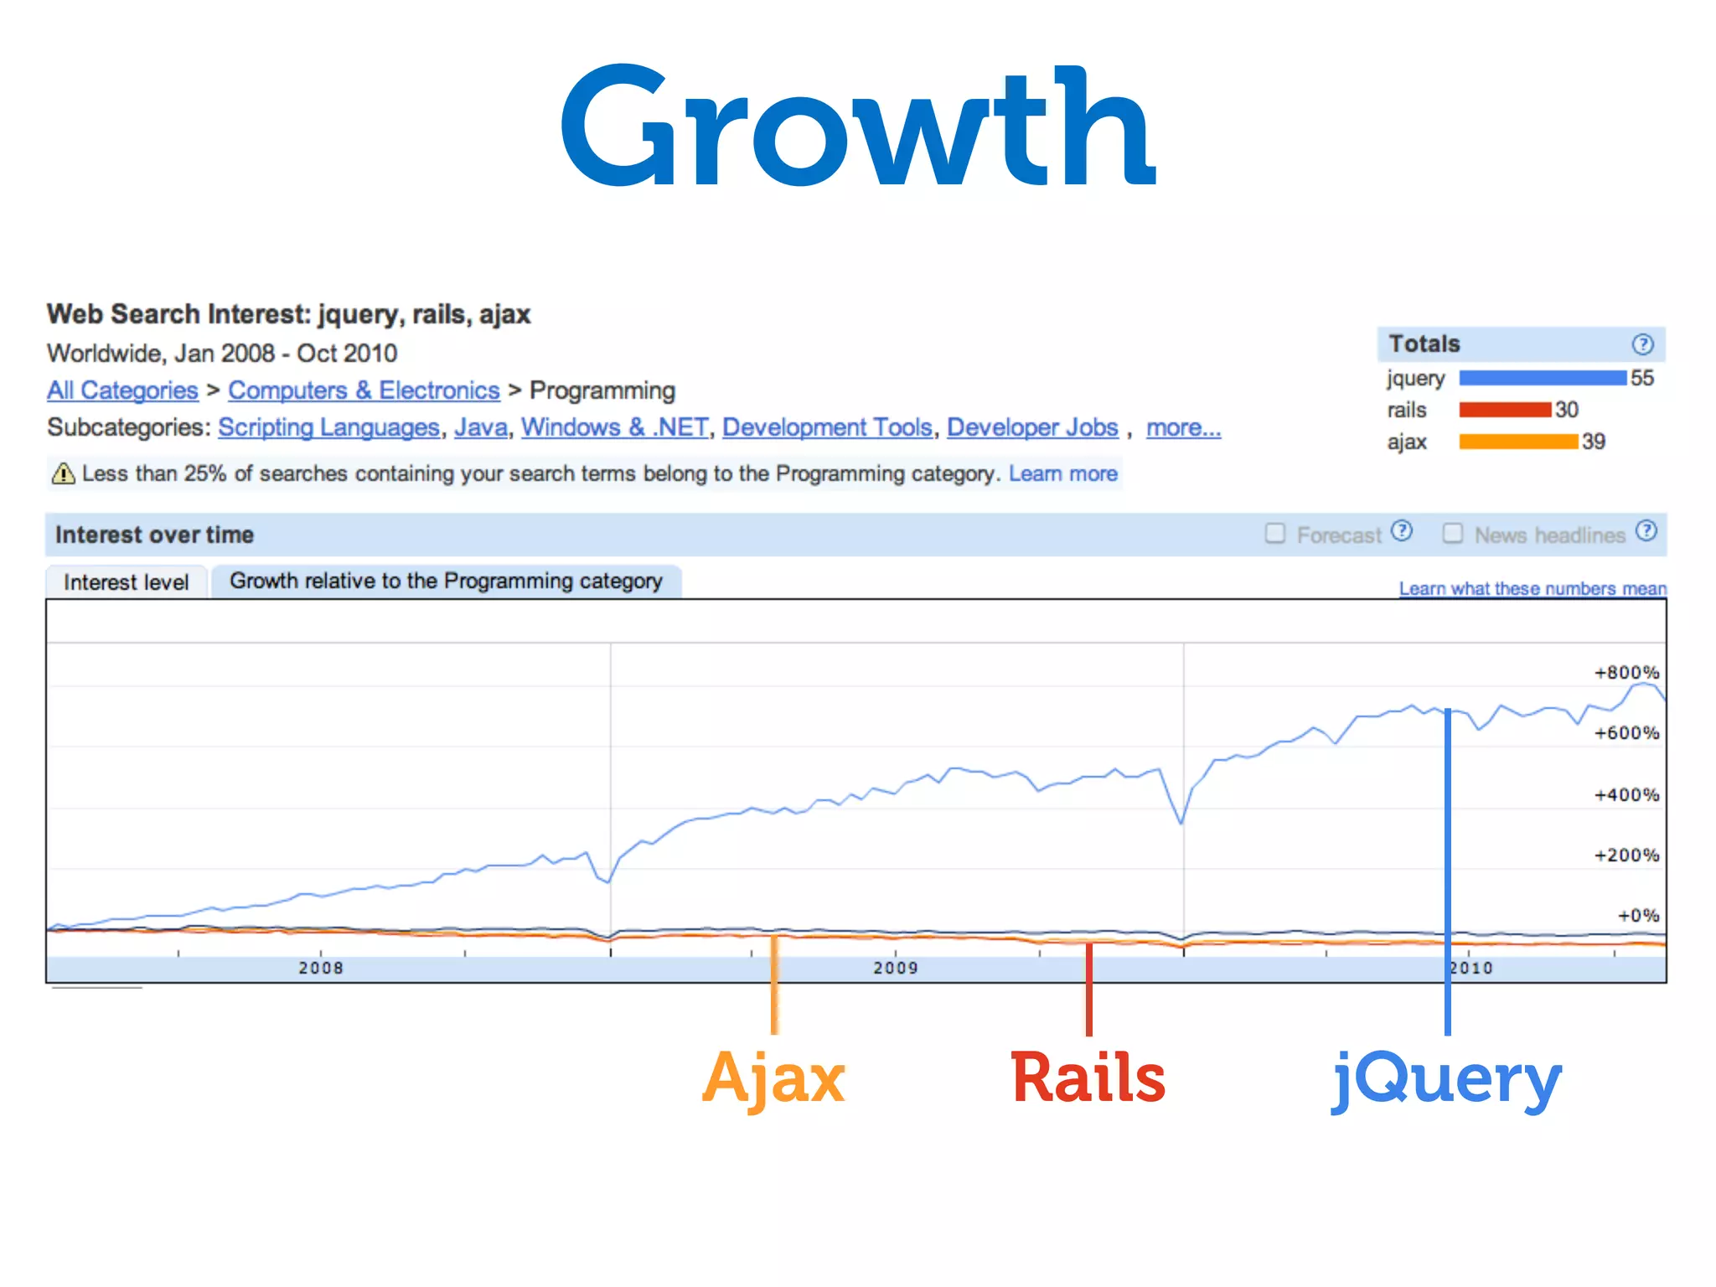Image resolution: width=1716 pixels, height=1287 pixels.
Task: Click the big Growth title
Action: [x=858, y=126]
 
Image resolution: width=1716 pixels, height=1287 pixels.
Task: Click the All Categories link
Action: [x=122, y=390]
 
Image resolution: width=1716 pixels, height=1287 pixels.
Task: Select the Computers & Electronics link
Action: [x=364, y=390]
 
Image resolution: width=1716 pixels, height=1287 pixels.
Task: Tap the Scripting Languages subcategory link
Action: [x=328, y=427]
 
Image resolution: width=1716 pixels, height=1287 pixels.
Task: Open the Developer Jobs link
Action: [x=1032, y=427]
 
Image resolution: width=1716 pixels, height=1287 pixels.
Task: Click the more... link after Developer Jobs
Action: [x=1183, y=427]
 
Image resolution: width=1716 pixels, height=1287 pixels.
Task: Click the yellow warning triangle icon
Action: [x=63, y=474]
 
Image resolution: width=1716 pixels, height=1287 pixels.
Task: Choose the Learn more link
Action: [x=1062, y=474]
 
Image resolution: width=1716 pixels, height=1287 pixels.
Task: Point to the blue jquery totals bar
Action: [x=1542, y=378]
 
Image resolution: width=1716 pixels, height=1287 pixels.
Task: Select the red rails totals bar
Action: [x=1505, y=410]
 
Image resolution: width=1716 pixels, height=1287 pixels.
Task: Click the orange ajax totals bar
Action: [x=1517, y=442]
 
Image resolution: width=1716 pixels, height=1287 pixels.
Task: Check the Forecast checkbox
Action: [x=1274, y=534]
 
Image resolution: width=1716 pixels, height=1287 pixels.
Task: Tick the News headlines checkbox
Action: [x=1452, y=534]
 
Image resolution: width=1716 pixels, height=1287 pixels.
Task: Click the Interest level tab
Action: [x=127, y=582]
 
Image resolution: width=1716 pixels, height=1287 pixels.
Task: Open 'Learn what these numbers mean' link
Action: [x=1533, y=588]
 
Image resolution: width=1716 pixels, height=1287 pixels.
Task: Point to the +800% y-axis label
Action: [x=1626, y=672]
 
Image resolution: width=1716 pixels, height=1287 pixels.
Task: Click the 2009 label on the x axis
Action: [x=896, y=969]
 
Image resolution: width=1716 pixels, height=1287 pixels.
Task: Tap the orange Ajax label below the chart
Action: [x=773, y=1078]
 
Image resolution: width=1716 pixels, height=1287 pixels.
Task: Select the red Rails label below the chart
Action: [x=1088, y=1078]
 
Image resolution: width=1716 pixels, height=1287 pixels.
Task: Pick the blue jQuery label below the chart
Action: [x=1447, y=1080]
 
